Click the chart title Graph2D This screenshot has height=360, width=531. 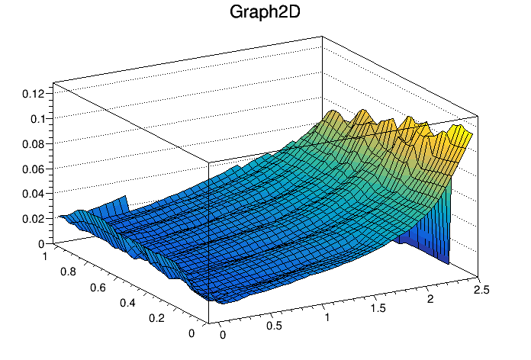tap(265, 12)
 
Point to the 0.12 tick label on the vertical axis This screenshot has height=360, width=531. tap(34, 94)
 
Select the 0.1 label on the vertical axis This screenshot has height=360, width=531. tap(37, 119)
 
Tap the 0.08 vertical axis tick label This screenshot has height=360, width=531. tap(34, 144)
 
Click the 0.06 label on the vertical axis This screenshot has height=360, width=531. tap(34, 169)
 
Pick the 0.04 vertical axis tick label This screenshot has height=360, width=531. tap(34, 194)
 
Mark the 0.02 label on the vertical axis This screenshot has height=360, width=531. tap(34, 219)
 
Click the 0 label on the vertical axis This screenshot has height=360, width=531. tap(41, 244)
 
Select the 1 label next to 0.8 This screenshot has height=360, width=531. tap(44, 256)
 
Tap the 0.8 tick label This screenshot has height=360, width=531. tap(68, 272)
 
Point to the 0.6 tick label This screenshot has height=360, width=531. tap(98, 288)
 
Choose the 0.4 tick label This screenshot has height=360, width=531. tap(127, 303)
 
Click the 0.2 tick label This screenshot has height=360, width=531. tap(157, 317)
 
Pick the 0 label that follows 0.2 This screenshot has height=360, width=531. tap(191, 333)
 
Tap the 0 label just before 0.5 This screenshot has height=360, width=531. tap(223, 335)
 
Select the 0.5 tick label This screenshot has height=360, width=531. tap(274, 326)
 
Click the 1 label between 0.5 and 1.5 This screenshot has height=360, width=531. tap(327, 317)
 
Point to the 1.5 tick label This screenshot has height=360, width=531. tap(378, 308)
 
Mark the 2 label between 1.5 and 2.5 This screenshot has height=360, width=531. tap(430, 299)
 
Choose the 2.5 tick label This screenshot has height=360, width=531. tap(481, 290)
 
